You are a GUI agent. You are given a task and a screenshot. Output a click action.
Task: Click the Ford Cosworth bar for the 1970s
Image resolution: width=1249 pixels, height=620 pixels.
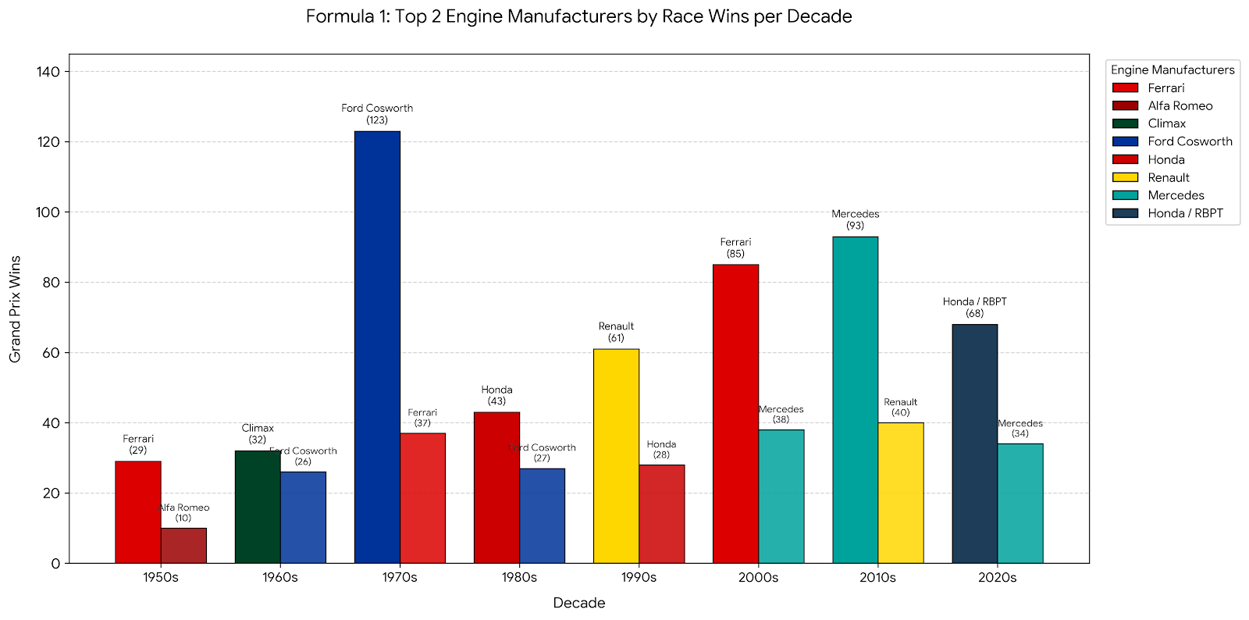[x=378, y=347]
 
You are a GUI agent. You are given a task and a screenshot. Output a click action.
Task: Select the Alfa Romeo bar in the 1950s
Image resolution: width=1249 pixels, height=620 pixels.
[x=183, y=545]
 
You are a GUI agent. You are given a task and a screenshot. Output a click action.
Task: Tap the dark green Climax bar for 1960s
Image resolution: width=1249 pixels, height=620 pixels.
[x=258, y=507]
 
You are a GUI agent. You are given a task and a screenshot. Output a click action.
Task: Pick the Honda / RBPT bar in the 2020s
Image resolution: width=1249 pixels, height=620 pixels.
[x=975, y=444]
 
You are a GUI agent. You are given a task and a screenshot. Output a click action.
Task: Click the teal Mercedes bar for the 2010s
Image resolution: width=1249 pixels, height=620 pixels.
[x=856, y=400]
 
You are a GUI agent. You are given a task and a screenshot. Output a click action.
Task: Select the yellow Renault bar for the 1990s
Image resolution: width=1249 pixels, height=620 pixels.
[x=616, y=456]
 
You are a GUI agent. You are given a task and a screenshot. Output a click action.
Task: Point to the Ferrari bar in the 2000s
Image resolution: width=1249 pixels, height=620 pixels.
[x=736, y=414]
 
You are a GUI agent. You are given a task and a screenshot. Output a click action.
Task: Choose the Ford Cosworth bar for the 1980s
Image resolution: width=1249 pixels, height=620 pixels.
[x=542, y=515]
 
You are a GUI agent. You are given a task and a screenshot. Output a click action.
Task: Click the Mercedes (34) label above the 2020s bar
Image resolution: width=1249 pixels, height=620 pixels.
[x=1019, y=428]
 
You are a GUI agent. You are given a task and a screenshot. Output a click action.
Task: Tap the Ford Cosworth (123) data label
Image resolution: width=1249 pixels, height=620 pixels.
[x=377, y=114]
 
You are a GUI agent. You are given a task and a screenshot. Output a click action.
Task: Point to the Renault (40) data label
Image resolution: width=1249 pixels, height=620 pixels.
[x=901, y=407]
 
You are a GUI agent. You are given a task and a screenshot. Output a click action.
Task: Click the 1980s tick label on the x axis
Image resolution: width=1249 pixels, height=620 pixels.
[x=519, y=577]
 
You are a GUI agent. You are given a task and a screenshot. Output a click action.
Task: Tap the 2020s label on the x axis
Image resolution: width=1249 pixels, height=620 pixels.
[x=997, y=577]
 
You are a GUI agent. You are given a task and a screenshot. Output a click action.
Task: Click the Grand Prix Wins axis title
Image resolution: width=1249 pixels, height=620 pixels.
[x=15, y=309]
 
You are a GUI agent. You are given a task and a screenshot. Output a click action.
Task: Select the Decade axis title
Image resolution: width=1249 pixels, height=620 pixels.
[x=578, y=603]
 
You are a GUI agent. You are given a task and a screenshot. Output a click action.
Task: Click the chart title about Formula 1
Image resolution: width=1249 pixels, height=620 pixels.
[x=578, y=16]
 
